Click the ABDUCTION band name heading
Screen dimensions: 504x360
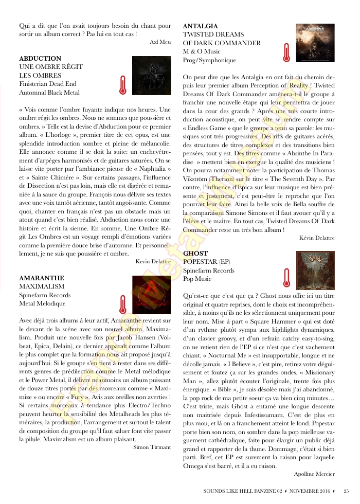[40, 59]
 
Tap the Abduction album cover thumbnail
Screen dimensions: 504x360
[151, 75]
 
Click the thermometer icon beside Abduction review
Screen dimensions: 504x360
[122, 85]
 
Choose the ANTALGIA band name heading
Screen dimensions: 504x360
[201, 26]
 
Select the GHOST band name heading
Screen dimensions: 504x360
[195, 254]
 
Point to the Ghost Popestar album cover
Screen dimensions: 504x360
[315, 271]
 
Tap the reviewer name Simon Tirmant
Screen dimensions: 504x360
[152, 447]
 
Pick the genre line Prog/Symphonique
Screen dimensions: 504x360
[209, 60]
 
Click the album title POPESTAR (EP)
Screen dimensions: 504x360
[208, 262]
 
